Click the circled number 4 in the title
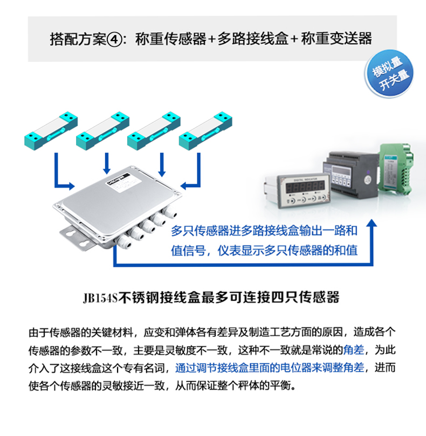coord(114,39)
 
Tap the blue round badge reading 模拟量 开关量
coord(389,74)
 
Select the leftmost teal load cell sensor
coord(51,131)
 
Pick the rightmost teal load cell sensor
coord(205,131)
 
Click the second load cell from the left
coord(102,131)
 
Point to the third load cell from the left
coord(154,131)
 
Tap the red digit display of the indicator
coord(305,186)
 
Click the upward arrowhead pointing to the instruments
coord(371,223)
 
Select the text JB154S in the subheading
coord(100,298)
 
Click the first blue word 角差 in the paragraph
coord(354,350)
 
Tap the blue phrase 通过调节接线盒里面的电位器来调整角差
coord(270,368)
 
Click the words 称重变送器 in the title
coord(336,39)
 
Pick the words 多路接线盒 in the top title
coord(253,39)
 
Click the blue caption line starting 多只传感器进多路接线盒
coord(264,231)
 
